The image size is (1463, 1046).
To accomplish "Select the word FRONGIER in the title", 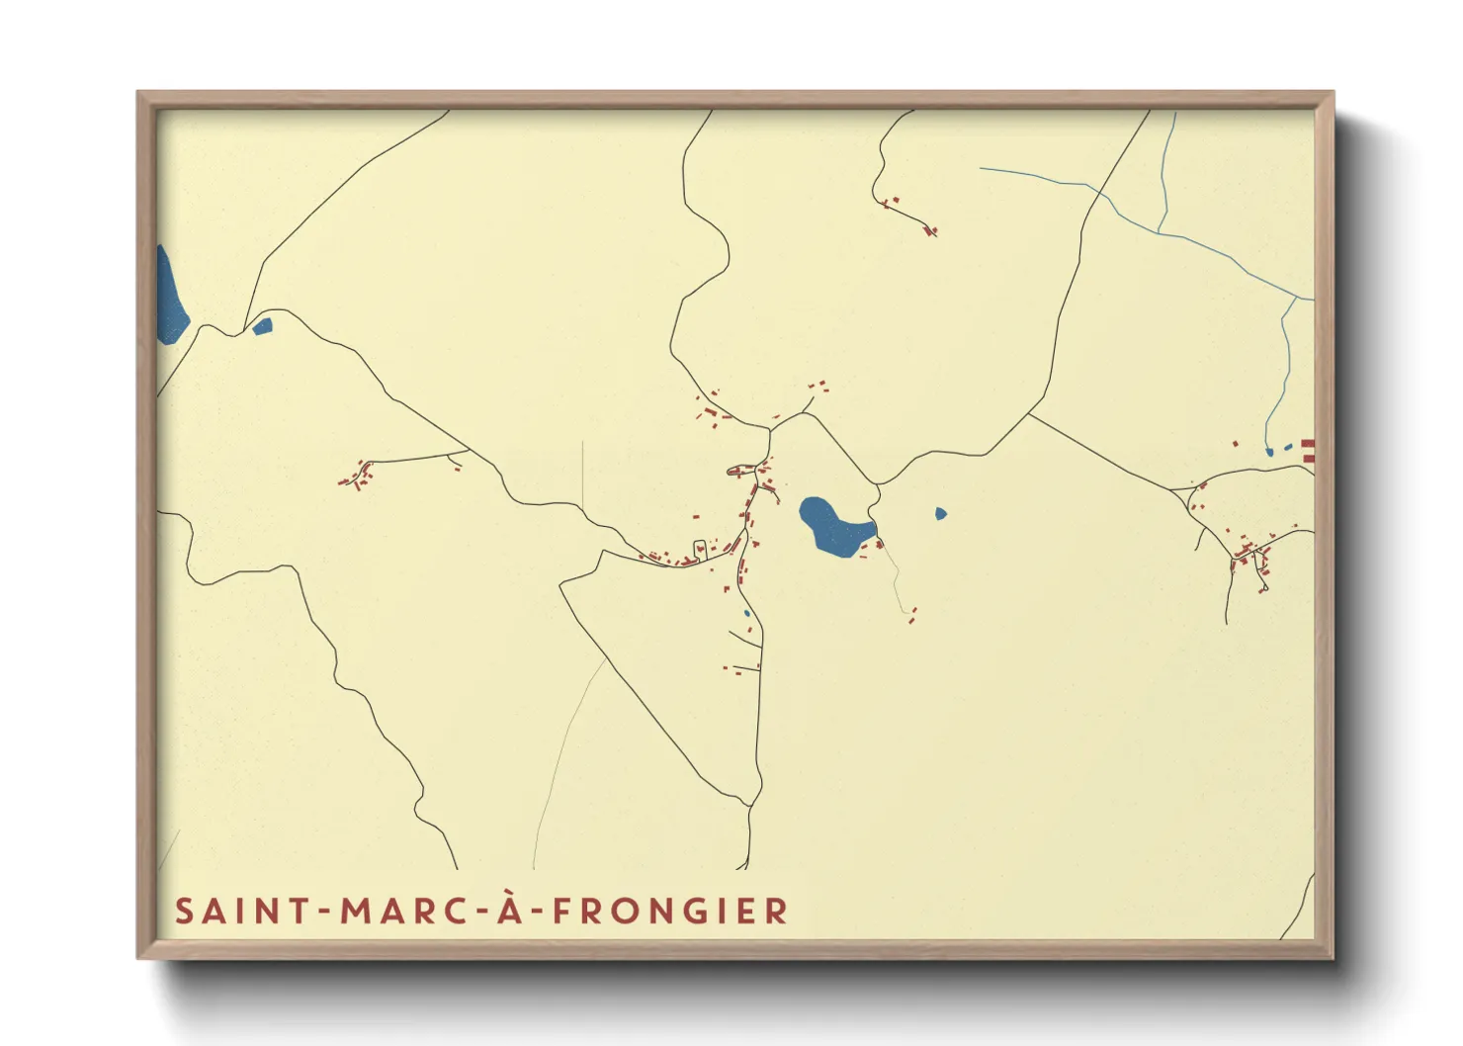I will click(669, 911).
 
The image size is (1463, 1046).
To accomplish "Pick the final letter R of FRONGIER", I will click(778, 911).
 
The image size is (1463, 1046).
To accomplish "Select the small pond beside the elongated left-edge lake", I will click(262, 326).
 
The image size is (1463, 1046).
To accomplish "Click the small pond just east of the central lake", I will click(940, 514).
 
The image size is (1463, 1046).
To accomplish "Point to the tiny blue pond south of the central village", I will click(747, 614).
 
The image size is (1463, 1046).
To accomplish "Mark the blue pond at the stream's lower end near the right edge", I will click(1269, 452).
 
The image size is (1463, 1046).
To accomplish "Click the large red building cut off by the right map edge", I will click(1308, 451).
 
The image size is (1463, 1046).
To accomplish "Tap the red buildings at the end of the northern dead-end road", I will click(929, 231).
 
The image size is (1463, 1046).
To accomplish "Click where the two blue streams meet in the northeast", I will click(1159, 231).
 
